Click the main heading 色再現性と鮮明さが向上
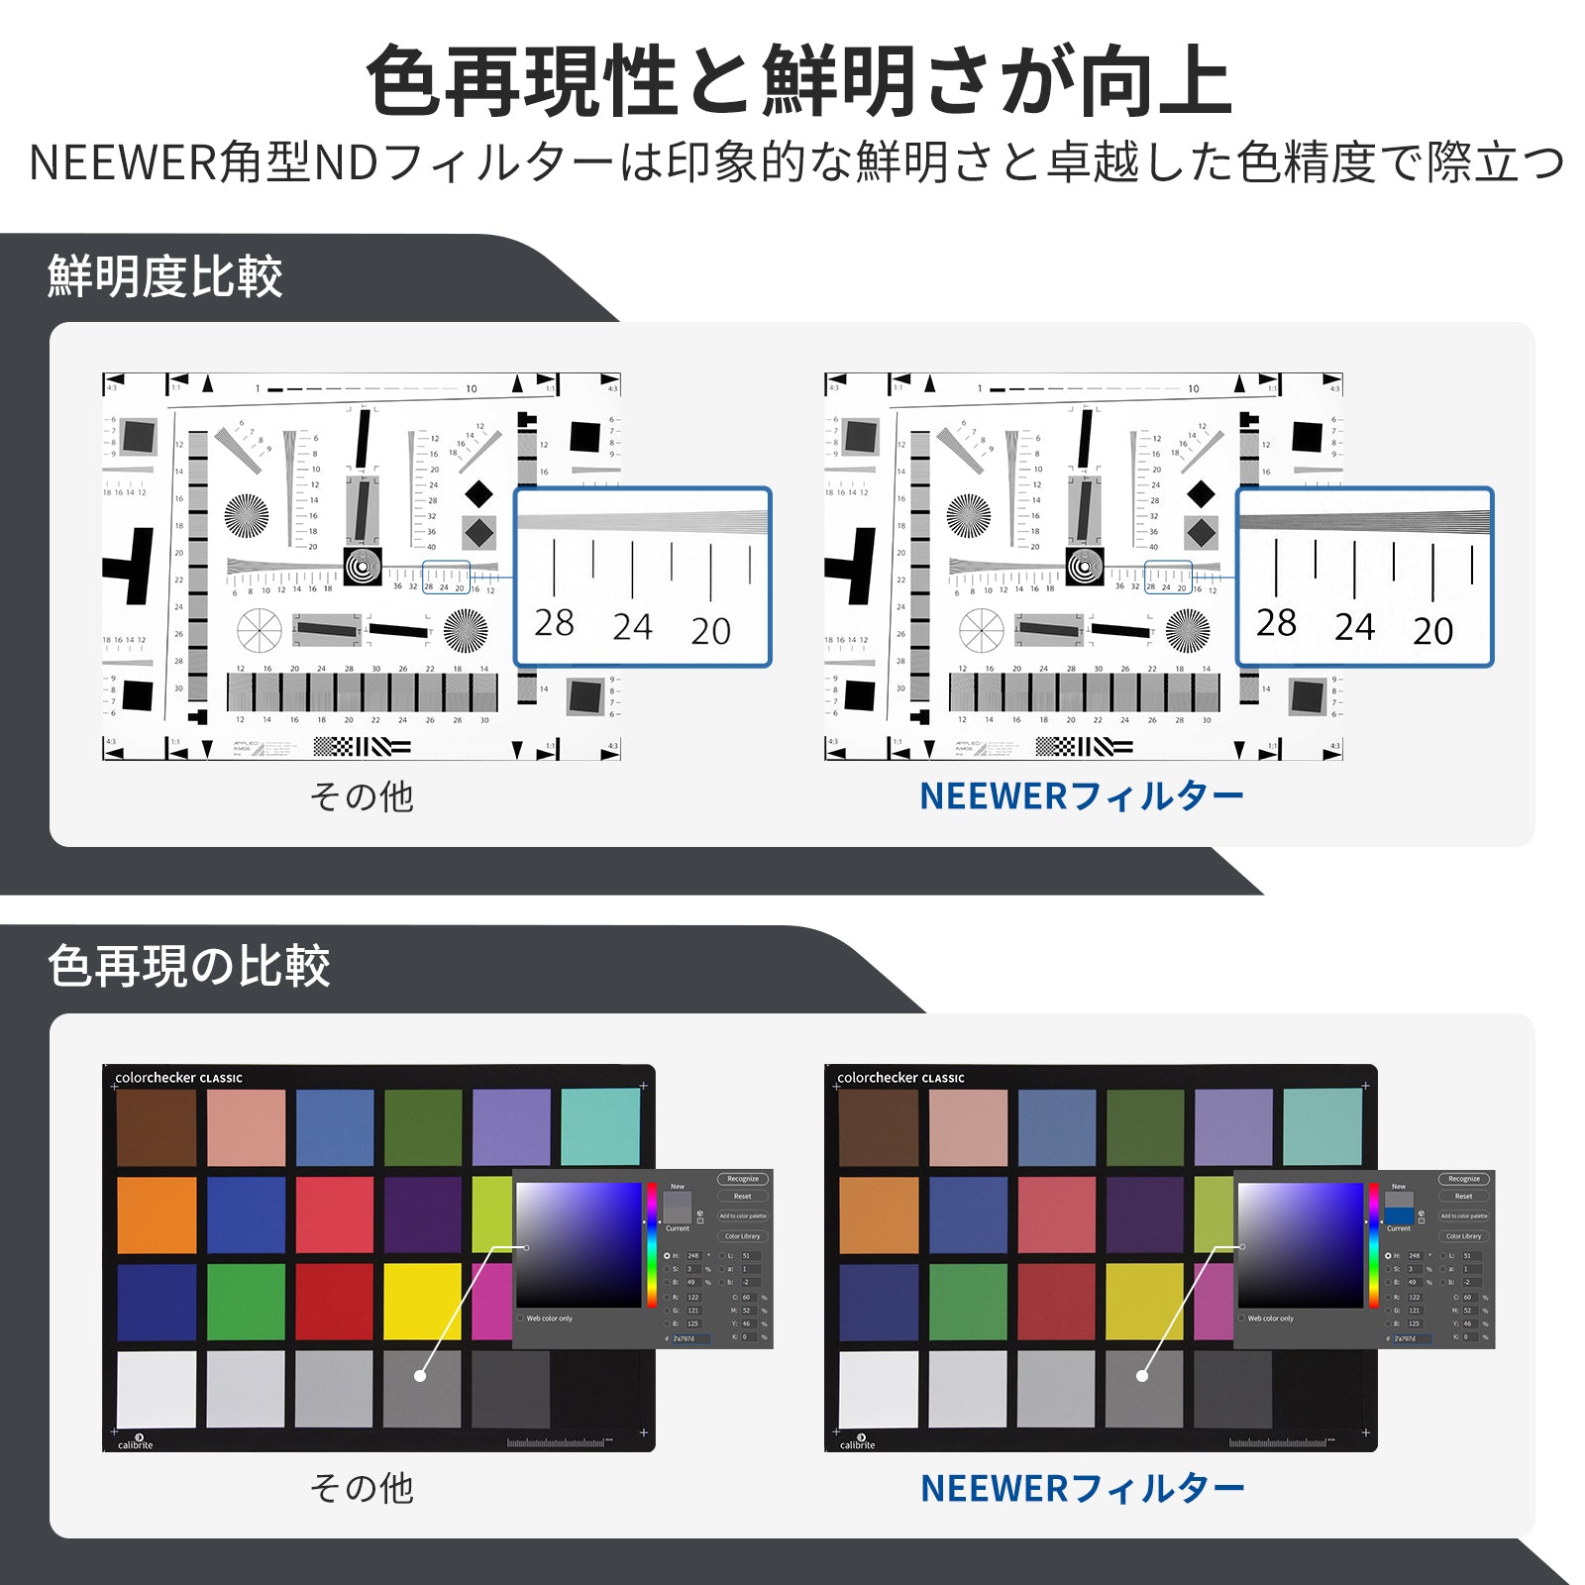coord(798,81)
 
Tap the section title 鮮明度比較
coord(164,276)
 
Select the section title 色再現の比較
coord(188,966)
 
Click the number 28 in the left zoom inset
coord(554,623)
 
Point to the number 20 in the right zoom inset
coord(1432,631)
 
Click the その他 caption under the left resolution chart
coord(362,796)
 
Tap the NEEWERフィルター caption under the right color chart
coord(1082,1488)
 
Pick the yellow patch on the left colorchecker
coord(423,1301)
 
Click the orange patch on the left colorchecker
coord(157,1215)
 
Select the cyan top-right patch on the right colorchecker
coord(1322,1127)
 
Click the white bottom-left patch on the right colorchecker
coord(879,1389)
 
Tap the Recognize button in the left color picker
coord(743,1179)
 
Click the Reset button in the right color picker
coord(1463,1197)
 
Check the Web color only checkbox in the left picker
coord(521,1319)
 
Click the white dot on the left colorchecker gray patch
coord(420,1376)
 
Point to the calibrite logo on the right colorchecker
coord(858,1441)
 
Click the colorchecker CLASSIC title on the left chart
coord(178,1078)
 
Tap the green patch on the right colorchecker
coord(968,1301)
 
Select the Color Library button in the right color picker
coord(1463,1236)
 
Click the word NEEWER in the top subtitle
coord(121,163)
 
